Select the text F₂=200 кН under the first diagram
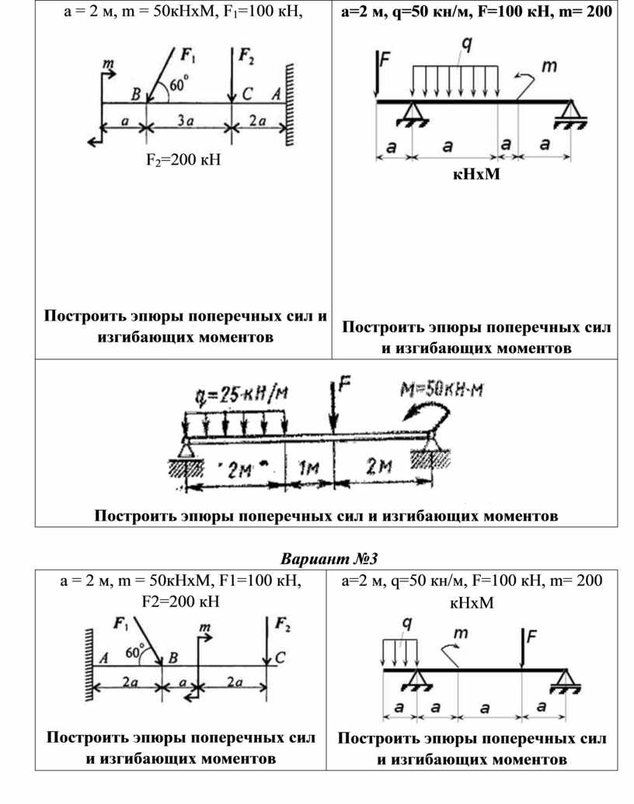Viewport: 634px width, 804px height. coord(178,161)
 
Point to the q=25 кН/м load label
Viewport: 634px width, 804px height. coord(237,394)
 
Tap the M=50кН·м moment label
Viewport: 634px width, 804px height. coord(441,388)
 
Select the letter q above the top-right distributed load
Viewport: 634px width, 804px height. coord(466,45)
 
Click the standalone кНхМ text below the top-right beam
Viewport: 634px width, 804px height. coord(476,174)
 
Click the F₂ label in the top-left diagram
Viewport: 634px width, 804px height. coord(246,55)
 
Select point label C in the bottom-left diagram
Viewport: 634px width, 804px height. coord(280,657)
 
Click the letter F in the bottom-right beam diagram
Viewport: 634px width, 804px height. coord(531,638)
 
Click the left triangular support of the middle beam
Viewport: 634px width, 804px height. coord(186,449)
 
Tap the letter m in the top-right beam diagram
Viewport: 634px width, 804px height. coord(549,68)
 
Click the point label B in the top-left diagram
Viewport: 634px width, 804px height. coord(136,95)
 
